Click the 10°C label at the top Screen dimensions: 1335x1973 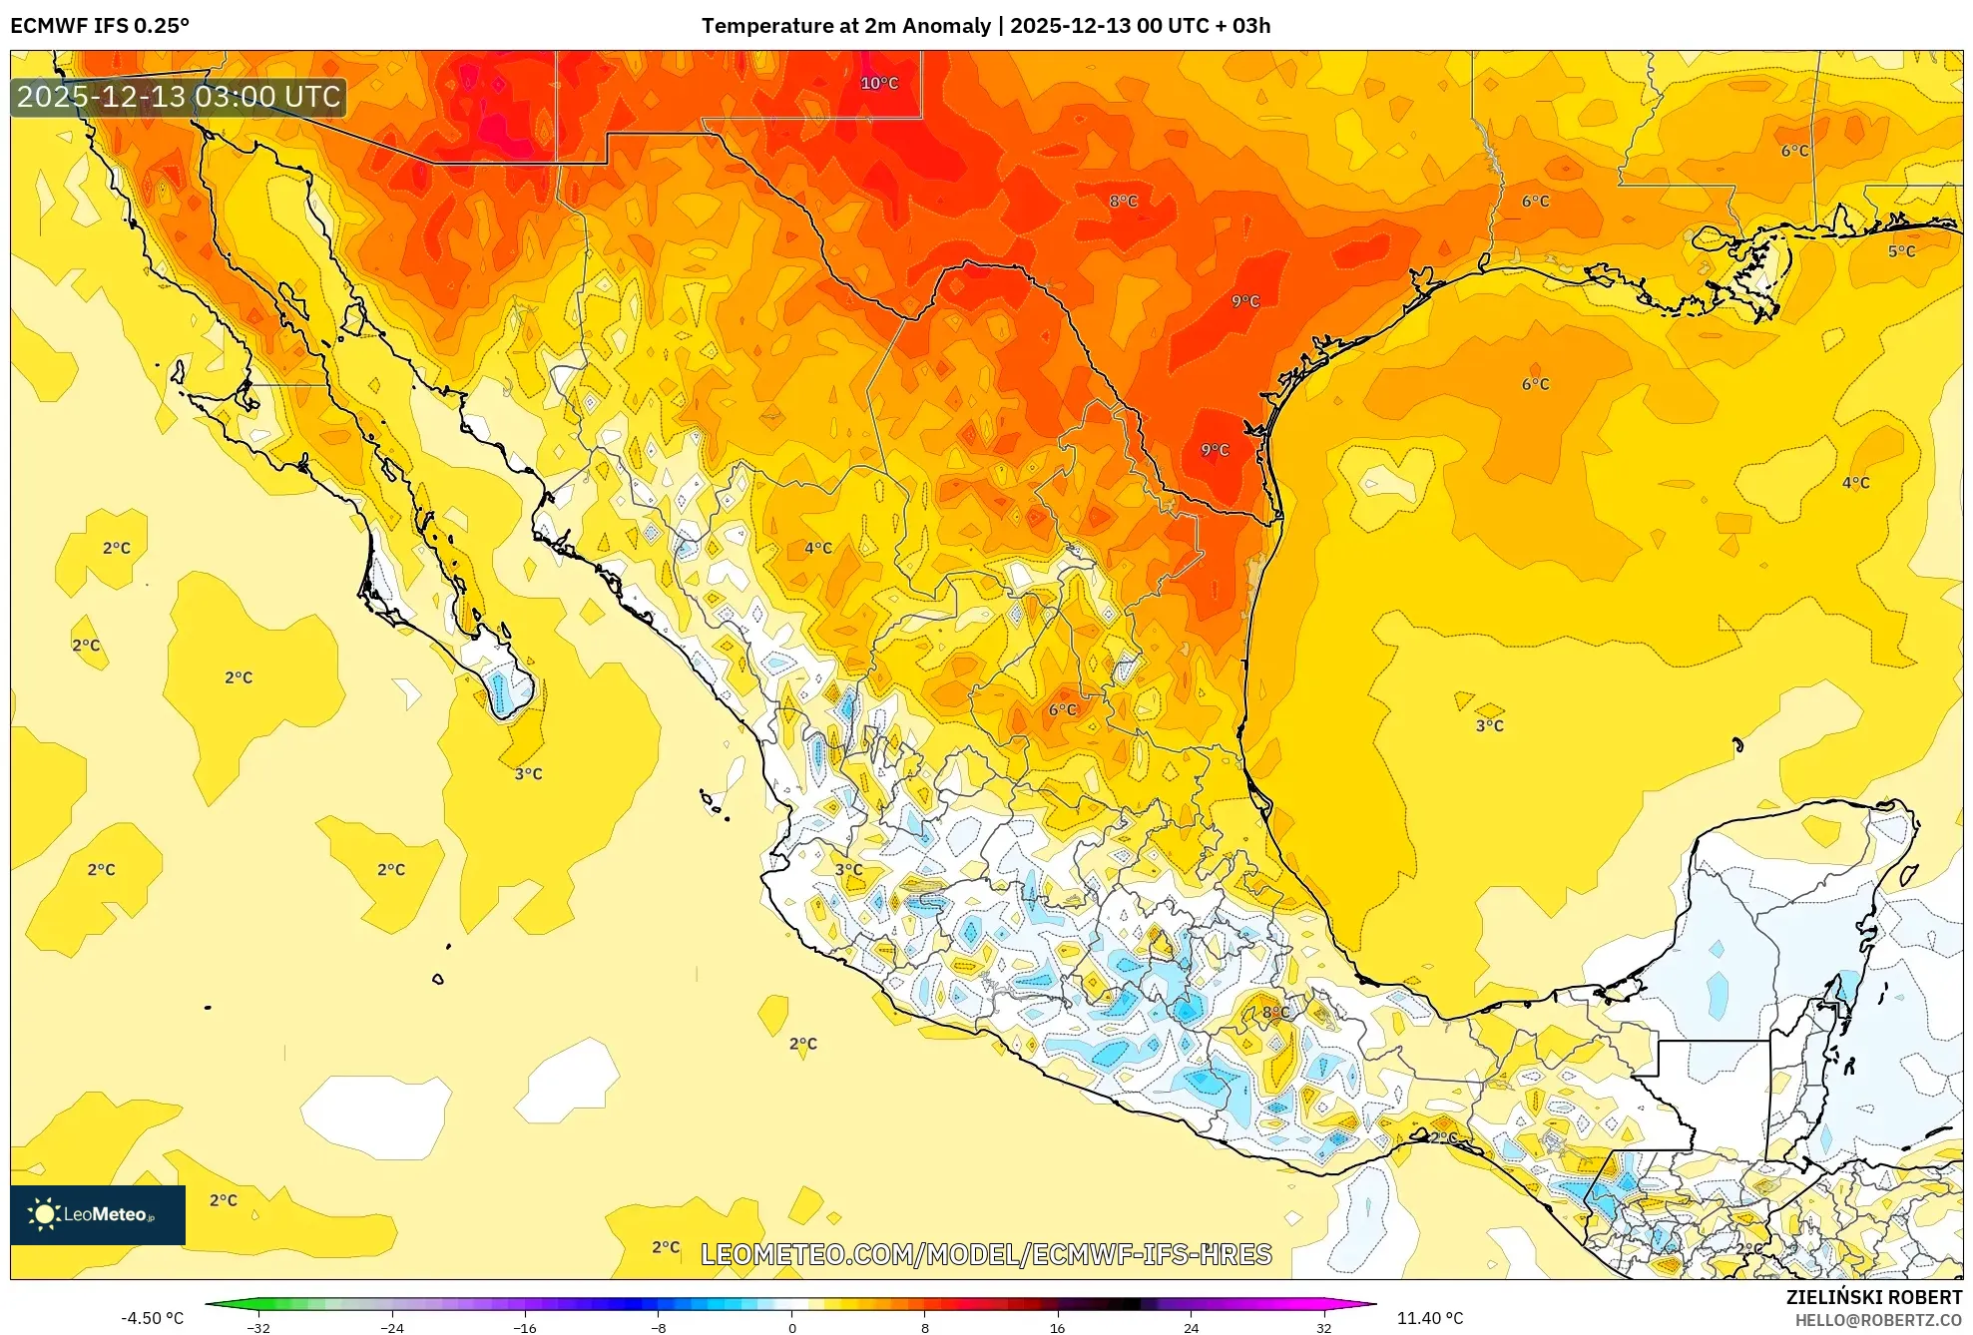click(879, 83)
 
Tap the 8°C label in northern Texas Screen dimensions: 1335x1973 click(1123, 201)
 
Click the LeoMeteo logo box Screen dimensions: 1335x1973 click(98, 1214)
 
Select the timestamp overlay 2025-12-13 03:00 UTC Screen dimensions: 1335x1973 click(179, 97)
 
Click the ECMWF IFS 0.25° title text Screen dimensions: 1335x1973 click(99, 26)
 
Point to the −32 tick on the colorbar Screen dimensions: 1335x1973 click(258, 1327)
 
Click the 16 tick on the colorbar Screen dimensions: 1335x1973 click(1057, 1327)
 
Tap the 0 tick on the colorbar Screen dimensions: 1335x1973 click(791, 1327)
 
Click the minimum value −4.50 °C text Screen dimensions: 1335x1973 click(152, 1318)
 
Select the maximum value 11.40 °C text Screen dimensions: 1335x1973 click(1429, 1318)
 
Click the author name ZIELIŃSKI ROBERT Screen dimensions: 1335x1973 click(1873, 1297)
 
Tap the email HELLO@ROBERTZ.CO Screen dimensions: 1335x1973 click(1878, 1320)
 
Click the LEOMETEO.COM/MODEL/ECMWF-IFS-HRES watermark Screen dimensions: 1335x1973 click(986, 1254)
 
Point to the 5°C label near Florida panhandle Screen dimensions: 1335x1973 click(1901, 251)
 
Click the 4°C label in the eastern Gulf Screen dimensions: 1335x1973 click(1855, 483)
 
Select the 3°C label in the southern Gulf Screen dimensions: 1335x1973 click(1489, 725)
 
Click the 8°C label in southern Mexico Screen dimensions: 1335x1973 click(1275, 1012)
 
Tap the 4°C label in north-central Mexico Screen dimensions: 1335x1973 click(818, 548)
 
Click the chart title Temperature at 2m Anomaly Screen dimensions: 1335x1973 click(846, 26)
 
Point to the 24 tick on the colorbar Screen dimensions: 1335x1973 click(1191, 1327)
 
